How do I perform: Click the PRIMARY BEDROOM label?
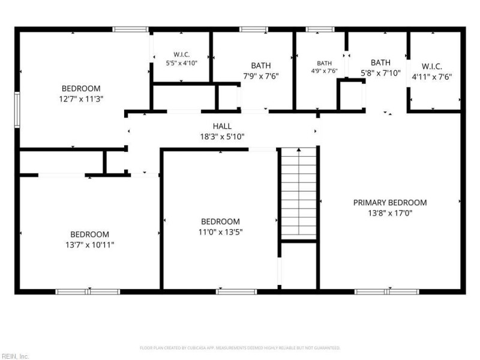[389, 203]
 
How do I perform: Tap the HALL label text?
[222, 126]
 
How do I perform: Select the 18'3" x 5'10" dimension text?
[222, 137]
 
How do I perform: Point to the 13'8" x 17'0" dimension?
[389, 213]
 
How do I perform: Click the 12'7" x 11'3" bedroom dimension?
[81, 99]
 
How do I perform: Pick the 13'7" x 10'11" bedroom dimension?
[89, 245]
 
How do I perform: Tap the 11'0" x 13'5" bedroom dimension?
[220, 232]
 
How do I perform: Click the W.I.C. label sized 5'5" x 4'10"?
[182, 55]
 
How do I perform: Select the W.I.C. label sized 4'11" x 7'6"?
[431, 67]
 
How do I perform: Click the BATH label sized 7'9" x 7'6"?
[261, 65]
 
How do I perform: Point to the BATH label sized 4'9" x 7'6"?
[324, 64]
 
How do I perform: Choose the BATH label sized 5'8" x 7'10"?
[380, 62]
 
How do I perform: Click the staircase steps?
[298, 193]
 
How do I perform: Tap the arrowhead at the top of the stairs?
[298, 149]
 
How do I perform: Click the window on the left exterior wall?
[17, 110]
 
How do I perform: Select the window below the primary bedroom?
[386, 292]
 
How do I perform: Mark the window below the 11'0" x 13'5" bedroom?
[236, 292]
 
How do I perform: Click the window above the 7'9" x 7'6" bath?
[253, 29]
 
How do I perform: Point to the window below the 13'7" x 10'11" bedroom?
[88, 292]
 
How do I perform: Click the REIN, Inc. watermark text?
[14, 356]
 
